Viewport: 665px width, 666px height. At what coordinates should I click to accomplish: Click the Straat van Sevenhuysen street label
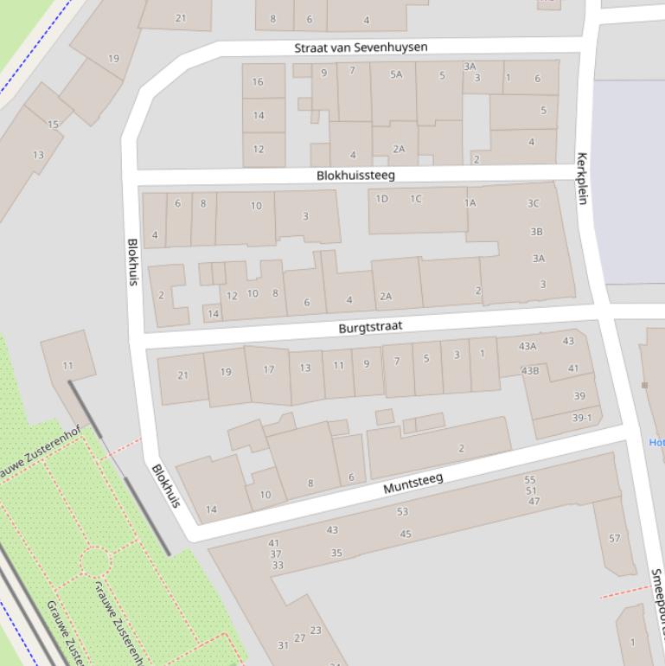point(361,47)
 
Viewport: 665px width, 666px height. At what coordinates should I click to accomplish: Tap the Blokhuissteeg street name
point(355,175)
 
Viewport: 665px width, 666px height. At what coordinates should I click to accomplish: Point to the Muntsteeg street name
point(412,483)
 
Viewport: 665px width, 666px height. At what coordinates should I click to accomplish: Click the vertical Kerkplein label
point(582,178)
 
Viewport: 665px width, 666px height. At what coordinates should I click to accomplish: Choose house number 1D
point(381,199)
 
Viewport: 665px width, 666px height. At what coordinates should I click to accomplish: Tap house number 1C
point(416,199)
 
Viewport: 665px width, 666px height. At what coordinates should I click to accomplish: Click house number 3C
point(534,204)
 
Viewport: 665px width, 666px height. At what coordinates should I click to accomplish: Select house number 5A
point(396,75)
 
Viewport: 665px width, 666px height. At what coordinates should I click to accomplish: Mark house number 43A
point(528,346)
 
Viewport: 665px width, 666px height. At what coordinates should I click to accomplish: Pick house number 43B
point(530,371)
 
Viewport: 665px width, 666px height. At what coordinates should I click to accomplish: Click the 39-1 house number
point(582,418)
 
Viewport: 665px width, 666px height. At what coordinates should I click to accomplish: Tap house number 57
point(614,538)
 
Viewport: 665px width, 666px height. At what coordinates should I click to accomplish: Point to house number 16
point(258,82)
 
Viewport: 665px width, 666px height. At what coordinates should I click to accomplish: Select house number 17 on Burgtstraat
point(269,369)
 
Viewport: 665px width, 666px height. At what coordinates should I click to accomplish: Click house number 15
point(53,125)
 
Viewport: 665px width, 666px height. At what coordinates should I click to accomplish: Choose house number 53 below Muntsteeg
point(402,512)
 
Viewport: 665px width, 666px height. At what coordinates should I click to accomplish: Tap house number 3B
point(536,232)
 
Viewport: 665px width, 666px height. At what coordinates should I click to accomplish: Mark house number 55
point(530,480)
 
